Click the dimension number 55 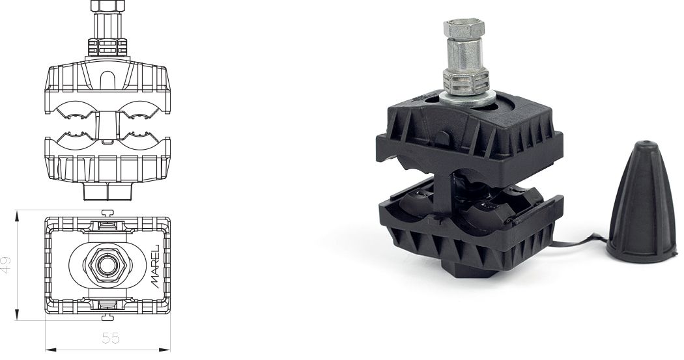[x=110, y=338]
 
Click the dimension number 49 [x=6, y=265]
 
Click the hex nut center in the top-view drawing [x=107, y=264]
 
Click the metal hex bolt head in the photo [x=463, y=29]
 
